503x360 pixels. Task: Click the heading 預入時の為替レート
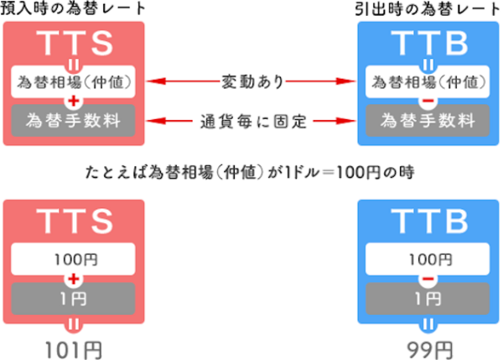pyautogui.click(x=73, y=9)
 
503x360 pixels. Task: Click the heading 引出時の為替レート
pyautogui.click(x=428, y=9)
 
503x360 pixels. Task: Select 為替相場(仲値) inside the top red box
pyautogui.click(x=75, y=82)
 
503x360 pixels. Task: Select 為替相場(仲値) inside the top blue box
pyautogui.click(x=428, y=82)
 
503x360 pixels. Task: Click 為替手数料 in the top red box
pyautogui.click(x=75, y=121)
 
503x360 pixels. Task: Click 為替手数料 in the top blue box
pyautogui.click(x=428, y=121)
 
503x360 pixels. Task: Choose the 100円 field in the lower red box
pyautogui.click(x=75, y=258)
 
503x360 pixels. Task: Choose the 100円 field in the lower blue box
pyautogui.click(x=428, y=258)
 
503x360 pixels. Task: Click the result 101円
pyautogui.click(x=75, y=347)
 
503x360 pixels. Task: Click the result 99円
pyautogui.click(x=428, y=347)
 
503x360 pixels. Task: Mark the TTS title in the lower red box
pyautogui.click(x=75, y=222)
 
